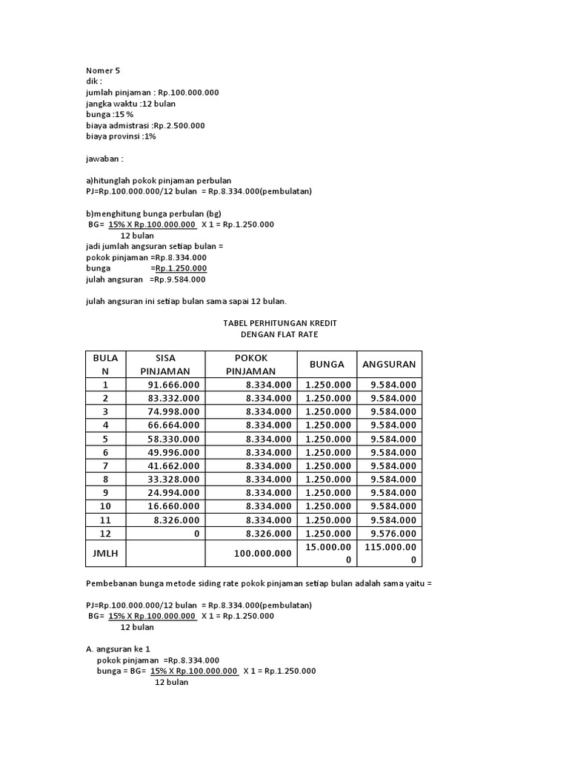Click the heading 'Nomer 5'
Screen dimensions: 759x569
103,70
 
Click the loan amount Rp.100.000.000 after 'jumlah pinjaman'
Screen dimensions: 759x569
188,93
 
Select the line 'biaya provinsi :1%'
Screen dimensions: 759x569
121,136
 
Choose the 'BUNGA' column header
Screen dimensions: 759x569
327,364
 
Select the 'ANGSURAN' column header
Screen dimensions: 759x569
389,364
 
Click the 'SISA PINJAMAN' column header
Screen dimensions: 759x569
164,364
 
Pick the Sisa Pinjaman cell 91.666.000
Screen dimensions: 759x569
173,385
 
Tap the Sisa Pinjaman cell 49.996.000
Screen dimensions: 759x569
173,452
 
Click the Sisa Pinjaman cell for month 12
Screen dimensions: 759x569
195,534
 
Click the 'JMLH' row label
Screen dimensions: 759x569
105,553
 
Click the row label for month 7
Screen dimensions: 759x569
105,466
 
